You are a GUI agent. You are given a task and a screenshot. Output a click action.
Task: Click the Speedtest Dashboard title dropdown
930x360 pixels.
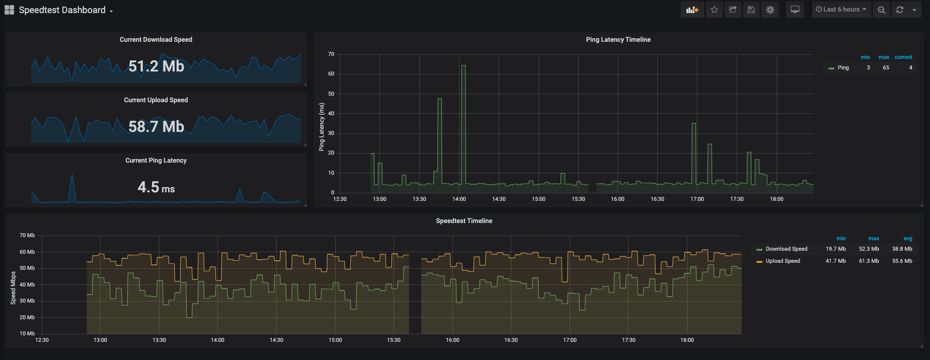[62, 10]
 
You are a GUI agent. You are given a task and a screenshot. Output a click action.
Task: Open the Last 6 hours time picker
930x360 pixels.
[841, 10]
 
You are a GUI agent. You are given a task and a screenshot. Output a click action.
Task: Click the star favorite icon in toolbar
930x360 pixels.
[714, 10]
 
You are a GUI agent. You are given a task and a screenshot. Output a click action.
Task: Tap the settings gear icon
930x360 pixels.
[770, 10]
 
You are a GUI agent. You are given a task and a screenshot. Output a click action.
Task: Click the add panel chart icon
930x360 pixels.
[692, 10]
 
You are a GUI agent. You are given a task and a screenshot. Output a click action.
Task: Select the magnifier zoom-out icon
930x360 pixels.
[881, 10]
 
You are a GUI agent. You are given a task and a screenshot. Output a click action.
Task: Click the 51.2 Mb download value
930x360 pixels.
[156, 66]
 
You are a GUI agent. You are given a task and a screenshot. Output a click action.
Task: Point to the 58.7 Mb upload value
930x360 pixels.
[156, 126]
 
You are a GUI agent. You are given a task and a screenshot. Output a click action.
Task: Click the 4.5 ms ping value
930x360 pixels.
[156, 187]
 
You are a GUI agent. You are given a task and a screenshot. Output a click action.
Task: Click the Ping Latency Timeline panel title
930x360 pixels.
[618, 40]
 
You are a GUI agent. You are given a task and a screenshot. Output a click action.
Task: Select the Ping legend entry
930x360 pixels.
[843, 67]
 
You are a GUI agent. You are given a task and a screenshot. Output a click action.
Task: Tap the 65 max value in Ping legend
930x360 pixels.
[886, 67]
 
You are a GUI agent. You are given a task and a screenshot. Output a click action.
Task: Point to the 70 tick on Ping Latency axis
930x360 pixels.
[331, 54]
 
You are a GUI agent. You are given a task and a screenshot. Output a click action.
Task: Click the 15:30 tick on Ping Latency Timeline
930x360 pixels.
[578, 199]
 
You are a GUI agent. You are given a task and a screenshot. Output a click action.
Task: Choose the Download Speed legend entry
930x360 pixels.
[786, 249]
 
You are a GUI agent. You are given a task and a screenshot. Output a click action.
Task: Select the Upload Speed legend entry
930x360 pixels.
[783, 261]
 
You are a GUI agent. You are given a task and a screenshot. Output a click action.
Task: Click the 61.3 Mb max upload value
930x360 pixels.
[869, 261]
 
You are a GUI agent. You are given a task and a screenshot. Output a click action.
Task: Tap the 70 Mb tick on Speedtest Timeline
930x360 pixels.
[27, 235]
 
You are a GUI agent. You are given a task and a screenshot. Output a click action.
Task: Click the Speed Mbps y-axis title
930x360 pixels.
[13, 288]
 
